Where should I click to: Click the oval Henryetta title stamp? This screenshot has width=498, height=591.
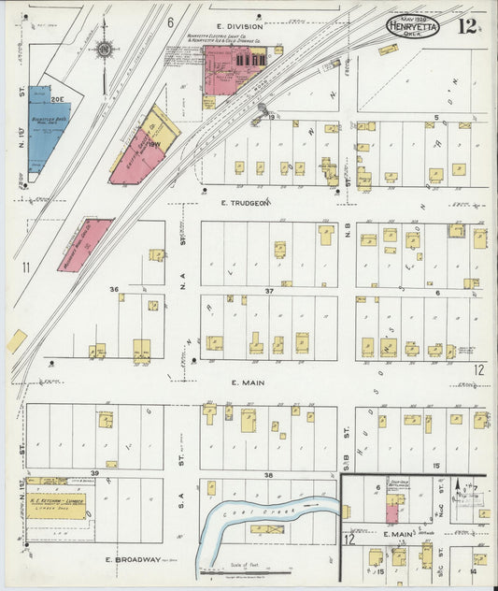413,25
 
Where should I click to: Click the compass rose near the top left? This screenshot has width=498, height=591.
105,49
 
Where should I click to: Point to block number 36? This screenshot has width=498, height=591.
114,289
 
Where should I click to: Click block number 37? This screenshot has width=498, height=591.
269,291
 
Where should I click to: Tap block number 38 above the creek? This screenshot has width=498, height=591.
268,475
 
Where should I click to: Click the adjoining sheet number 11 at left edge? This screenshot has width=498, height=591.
26,267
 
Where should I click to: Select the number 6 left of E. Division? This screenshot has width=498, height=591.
171,22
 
